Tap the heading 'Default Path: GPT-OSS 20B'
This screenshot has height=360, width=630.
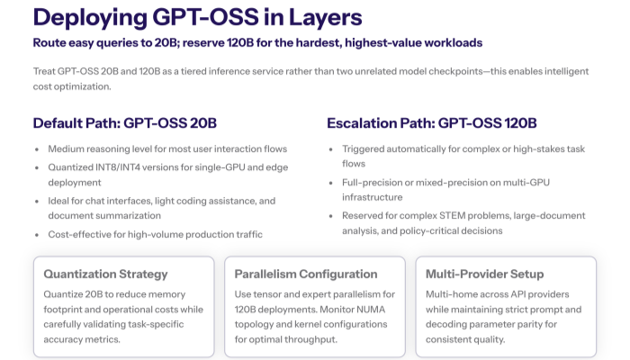coord(124,123)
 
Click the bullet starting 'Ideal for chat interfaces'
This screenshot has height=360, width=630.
coord(161,201)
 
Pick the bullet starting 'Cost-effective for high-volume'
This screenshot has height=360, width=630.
coord(155,234)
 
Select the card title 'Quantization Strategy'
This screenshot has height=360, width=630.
coord(105,274)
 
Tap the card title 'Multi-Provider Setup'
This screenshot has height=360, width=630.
coord(485,274)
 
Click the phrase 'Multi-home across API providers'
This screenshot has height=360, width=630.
coord(499,294)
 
